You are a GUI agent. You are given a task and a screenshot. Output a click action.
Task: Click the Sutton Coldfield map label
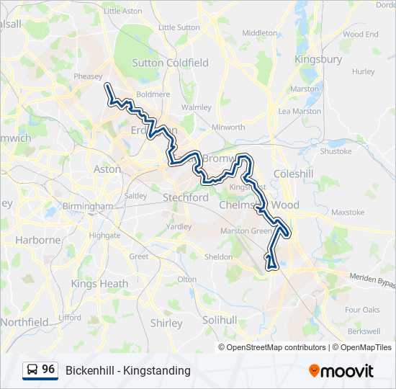click(170, 63)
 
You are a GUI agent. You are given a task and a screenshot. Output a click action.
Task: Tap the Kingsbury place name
click(318, 59)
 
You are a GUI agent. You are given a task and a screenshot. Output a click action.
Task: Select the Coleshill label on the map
click(289, 174)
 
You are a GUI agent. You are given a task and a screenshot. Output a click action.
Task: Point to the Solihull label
click(220, 319)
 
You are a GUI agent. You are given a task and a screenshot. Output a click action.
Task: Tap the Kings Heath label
click(99, 284)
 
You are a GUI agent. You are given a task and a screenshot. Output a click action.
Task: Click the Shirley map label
click(166, 323)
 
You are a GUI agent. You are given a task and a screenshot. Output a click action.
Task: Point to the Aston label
click(107, 169)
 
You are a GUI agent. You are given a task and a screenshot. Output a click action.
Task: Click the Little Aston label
click(123, 11)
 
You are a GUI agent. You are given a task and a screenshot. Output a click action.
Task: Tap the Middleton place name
click(259, 33)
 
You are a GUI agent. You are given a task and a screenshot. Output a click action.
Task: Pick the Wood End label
click(361, 34)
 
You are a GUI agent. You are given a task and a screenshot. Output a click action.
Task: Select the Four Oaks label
click(361, 310)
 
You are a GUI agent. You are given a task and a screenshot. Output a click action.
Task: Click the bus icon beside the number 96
click(33, 370)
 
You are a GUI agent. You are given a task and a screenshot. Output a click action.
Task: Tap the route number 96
click(48, 370)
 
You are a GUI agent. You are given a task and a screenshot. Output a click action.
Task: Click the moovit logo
click(341, 371)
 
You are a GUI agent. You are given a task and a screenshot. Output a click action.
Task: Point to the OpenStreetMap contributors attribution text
click(276, 347)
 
